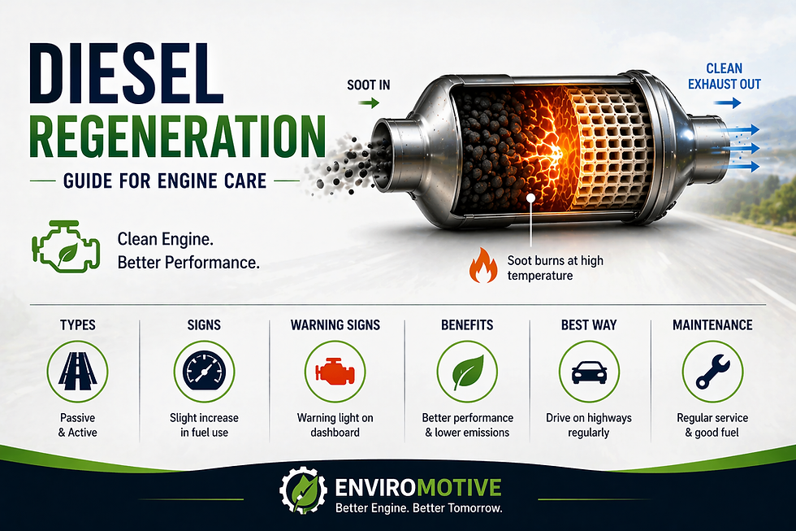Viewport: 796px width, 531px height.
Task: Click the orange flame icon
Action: (482, 267)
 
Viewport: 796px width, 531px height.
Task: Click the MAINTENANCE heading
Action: (712, 324)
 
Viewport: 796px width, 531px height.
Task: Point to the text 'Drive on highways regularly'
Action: (588, 424)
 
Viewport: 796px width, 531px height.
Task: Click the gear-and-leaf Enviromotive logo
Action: (303, 489)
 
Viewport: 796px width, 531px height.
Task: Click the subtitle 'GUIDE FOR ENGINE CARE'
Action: (165, 179)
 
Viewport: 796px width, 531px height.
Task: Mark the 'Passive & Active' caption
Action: (77, 424)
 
